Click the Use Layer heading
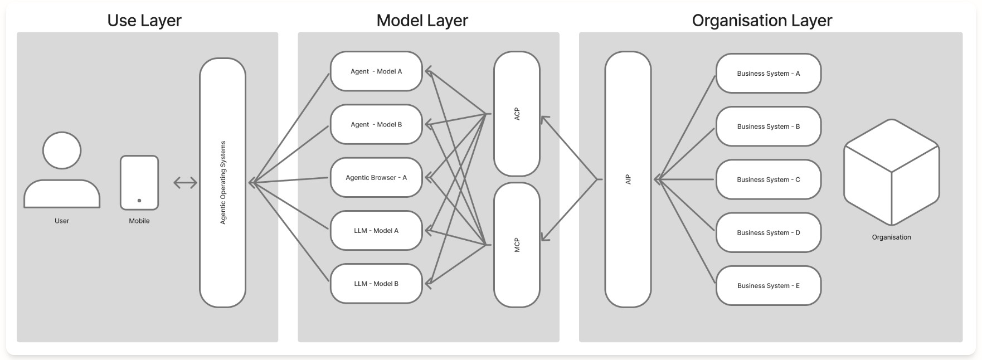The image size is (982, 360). click(x=144, y=20)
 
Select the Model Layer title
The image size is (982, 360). click(x=422, y=20)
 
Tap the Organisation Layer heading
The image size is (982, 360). click(x=761, y=20)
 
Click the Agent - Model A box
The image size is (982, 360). click(x=376, y=71)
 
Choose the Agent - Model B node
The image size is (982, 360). click(x=376, y=124)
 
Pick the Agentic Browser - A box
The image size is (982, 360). click(x=376, y=177)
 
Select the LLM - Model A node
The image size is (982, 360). click(x=376, y=230)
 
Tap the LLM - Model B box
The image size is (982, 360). click(x=376, y=283)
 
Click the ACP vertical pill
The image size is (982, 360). click(x=517, y=114)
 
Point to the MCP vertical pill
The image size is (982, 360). click(x=517, y=245)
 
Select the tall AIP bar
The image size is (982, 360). click(x=628, y=179)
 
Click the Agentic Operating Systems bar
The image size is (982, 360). click(x=222, y=182)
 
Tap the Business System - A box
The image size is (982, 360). click(x=768, y=73)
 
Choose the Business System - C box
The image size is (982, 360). click(x=768, y=179)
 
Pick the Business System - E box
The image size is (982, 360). click(x=768, y=285)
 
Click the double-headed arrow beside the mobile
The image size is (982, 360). click(x=185, y=182)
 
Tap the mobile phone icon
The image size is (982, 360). click(x=139, y=182)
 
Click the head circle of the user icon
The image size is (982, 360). click(x=62, y=150)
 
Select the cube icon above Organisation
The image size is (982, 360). click(x=891, y=172)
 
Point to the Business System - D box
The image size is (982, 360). click(x=768, y=232)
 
